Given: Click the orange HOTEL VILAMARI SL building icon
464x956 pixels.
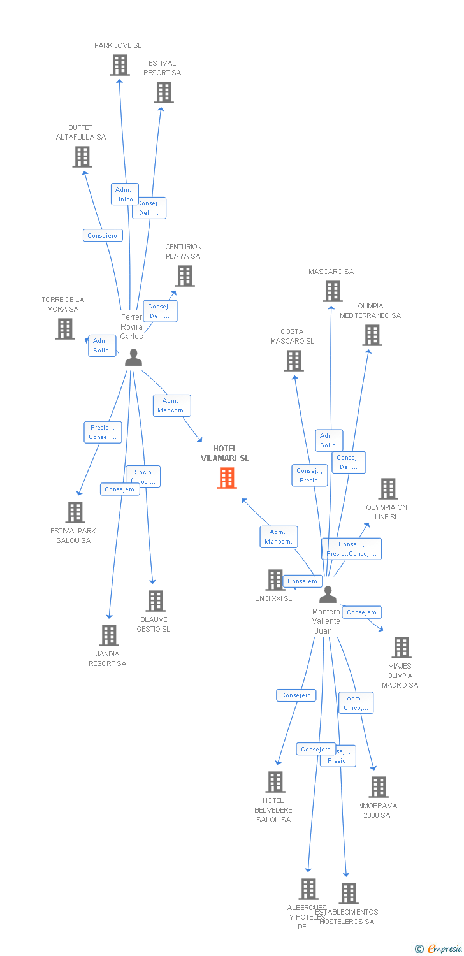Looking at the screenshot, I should click(x=227, y=477).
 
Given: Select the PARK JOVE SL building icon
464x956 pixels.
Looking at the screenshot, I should click(x=120, y=65).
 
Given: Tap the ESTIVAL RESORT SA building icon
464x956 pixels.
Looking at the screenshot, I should click(x=164, y=92).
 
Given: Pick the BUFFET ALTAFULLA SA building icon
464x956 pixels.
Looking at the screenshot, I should click(x=82, y=157).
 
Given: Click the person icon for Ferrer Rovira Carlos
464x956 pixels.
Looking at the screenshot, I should click(x=133, y=358).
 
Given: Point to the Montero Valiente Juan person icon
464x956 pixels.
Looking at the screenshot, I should click(x=328, y=595).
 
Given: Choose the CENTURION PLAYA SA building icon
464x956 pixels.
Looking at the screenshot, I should click(x=185, y=276).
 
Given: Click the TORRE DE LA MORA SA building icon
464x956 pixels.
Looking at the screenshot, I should click(x=65, y=329).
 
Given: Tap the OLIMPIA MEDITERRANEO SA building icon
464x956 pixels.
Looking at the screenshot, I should click(x=372, y=335).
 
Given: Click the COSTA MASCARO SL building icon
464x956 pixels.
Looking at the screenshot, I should click(x=294, y=361).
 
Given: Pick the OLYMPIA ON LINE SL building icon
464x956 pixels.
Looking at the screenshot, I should click(x=388, y=489).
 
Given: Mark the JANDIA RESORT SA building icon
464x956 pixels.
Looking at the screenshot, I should click(x=109, y=635).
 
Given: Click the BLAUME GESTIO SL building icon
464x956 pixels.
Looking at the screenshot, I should click(x=156, y=601).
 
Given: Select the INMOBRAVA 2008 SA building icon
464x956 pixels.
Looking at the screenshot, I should click(x=379, y=787).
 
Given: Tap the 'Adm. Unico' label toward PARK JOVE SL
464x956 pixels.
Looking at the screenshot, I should click(x=124, y=194).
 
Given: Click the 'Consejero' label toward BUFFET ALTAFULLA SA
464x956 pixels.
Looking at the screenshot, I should click(x=103, y=236).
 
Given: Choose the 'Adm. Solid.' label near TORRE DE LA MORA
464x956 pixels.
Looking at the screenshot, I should click(x=102, y=345).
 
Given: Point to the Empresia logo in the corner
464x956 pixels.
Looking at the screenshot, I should click(x=439, y=948).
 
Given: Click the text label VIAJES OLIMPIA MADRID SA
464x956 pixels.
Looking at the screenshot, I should click(x=400, y=676).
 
